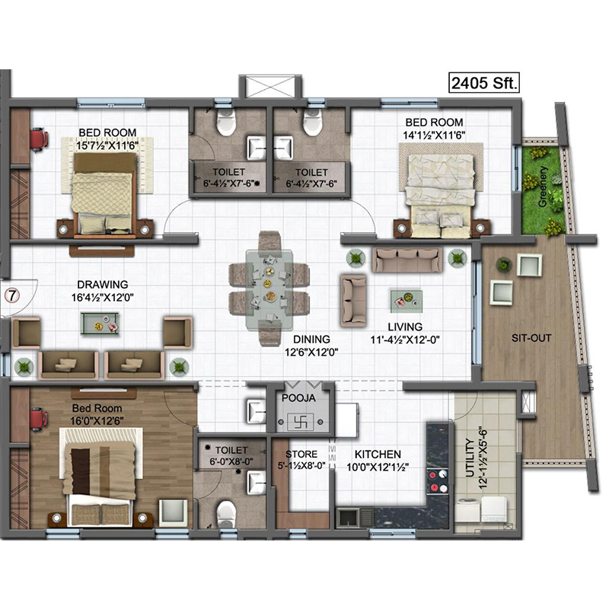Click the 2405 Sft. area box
tap(484, 82)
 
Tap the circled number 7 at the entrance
tap(12, 295)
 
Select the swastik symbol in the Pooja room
tap(300, 422)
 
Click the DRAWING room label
tap(103, 284)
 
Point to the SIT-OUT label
tap(531, 337)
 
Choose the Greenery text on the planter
tap(543, 187)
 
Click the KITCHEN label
tap(378, 454)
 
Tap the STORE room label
tap(301, 454)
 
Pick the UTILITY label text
tap(470, 458)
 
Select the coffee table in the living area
tap(407, 301)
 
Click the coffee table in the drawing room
tap(100, 323)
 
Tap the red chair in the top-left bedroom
tap(39, 139)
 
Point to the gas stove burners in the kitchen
tap(437, 481)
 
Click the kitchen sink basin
tap(348, 517)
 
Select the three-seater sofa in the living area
tap(407, 259)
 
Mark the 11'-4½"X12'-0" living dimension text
tap(405, 340)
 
